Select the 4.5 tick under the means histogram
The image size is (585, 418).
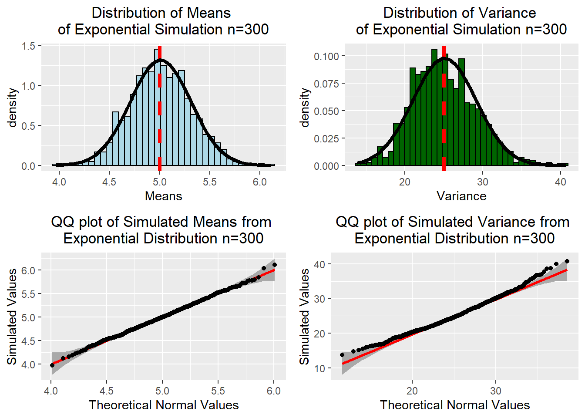point(109,182)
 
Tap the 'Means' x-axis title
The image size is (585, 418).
point(163,196)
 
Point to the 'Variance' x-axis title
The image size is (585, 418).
point(461,196)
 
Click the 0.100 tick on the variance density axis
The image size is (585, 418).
point(326,56)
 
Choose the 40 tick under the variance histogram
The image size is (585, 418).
point(561,182)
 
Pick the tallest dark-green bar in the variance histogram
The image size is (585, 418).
point(434,109)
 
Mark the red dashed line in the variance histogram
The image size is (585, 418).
point(444,131)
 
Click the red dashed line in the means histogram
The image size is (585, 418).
point(160,131)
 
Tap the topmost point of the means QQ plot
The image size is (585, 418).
point(274,265)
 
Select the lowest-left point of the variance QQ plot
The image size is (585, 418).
point(342,355)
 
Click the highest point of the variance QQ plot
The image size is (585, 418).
point(567,261)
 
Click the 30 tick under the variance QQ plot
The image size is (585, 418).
point(496,391)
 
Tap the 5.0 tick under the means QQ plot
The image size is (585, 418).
point(162,391)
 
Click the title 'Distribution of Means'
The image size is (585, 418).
point(161,13)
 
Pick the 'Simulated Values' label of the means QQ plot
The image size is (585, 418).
point(12,317)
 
